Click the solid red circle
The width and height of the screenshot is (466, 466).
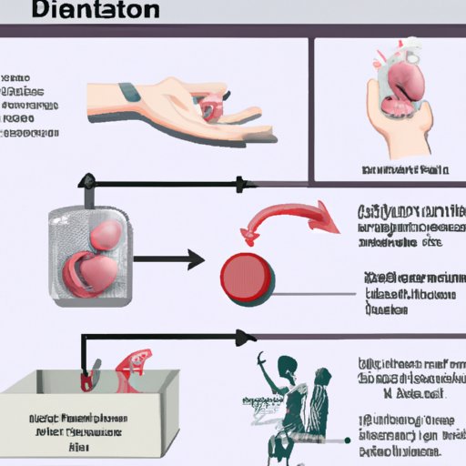(x=246, y=271)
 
